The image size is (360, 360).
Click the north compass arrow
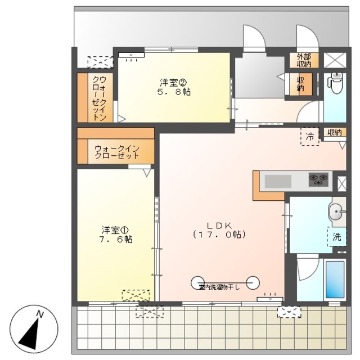tap(33, 330)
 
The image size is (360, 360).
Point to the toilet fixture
tap(336, 84)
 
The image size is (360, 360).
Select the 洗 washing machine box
tap(336, 237)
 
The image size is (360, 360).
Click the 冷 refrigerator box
tap(309, 136)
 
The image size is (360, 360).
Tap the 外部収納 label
tap(304, 59)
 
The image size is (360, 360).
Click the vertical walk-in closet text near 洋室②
tap(99, 98)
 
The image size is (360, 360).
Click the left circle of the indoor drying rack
tap(197, 281)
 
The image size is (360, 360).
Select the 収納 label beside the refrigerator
tap(334, 132)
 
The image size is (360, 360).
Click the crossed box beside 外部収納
tap(336, 59)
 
